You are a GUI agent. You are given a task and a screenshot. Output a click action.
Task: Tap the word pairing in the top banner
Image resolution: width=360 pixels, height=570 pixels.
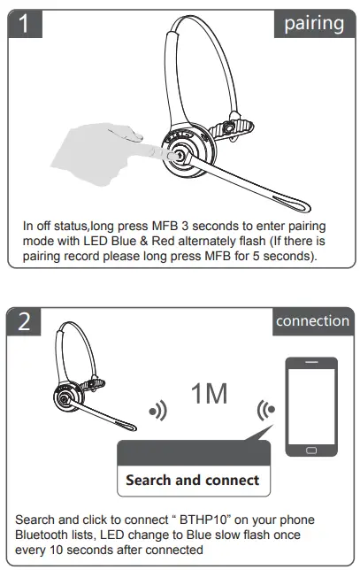(313, 23)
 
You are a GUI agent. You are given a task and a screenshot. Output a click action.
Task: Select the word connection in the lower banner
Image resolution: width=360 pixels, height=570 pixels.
(312, 320)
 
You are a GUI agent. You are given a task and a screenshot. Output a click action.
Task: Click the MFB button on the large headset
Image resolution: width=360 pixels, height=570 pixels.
(179, 156)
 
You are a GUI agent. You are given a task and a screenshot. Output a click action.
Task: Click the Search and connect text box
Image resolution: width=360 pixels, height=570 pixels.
(193, 481)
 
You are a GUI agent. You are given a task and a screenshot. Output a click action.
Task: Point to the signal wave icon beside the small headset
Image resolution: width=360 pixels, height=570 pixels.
(158, 410)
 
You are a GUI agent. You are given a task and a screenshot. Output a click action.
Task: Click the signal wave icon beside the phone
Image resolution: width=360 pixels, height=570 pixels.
(263, 410)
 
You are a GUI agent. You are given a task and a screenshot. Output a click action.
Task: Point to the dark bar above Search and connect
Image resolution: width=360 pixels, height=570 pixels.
(193, 454)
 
